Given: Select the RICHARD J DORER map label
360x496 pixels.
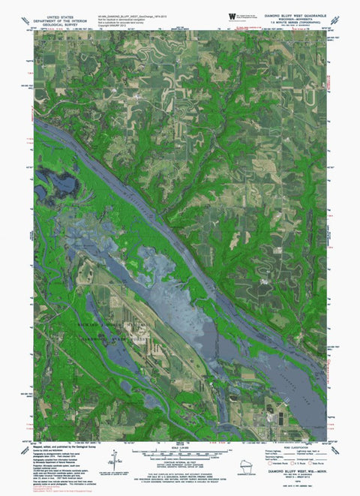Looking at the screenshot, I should point(112,323).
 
